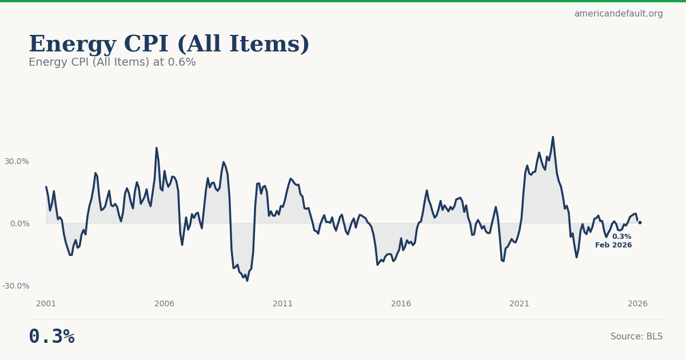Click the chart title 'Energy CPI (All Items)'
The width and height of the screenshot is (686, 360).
pyautogui.click(x=169, y=45)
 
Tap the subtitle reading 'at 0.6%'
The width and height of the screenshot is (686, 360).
pyautogui.click(x=112, y=62)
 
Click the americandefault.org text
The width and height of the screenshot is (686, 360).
pyautogui.click(x=618, y=14)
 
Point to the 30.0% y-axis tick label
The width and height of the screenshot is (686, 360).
pyautogui.click(x=17, y=161)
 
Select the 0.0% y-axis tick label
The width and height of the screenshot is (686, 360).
pyautogui.click(x=19, y=223)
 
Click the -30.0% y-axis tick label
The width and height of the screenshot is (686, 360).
pyautogui.click(x=15, y=286)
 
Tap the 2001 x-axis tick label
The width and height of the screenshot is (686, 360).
pyautogui.click(x=46, y=304)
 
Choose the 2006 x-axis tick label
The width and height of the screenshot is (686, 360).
pyautogui.click(x=165, y=304)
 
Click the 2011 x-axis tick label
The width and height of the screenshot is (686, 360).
pyautogui.click(x=283, y=304)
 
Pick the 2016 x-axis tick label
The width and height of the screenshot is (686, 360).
pyautogui.click(x=401, y=304)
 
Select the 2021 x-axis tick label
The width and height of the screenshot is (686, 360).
pyautogui.click(x=520, y=304)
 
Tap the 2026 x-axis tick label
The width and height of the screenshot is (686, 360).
pyautogui.click(x=638, y=304)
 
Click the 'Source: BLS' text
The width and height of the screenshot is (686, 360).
pyautogui.click(x=636, y=337)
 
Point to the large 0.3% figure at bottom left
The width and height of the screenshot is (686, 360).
pyautogui.click(x=51, y=337)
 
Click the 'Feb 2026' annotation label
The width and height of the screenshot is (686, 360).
pyautogui.click(x=613, y=245)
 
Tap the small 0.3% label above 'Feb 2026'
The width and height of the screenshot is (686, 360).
pyautogui.click(x=621, y=237)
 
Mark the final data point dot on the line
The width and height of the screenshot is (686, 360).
pyautogui.click(x=640, y=222)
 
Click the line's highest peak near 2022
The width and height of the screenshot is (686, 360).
pyautogui.click(x=553, y=137)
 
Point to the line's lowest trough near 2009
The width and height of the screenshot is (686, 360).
pyautogui.click(x=247, y=280)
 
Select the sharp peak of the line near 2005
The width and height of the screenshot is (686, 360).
pyautogui.click(x=157, y=148)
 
